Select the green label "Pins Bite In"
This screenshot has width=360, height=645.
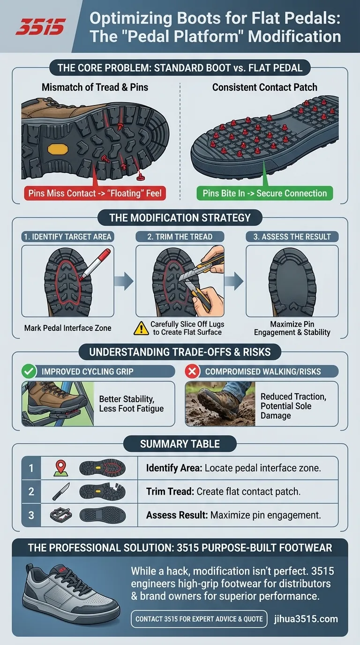click(x=265, y=193)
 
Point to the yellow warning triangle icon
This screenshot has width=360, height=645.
click(x=141, y=328)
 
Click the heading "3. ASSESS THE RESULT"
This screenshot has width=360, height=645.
click(x=292, y=236)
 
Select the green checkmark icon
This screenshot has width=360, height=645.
click(x=29, y=372)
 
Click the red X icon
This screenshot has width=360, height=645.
click(x=192, y=372)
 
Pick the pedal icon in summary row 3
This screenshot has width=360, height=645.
click(x=60, y=515)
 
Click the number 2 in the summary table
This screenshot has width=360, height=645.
click(x=31, y=492)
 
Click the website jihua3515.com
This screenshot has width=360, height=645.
click(x=306, y=619)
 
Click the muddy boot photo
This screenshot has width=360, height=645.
click(x=220, y=404)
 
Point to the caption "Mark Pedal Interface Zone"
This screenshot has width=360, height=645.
click(x=68, y=328)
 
